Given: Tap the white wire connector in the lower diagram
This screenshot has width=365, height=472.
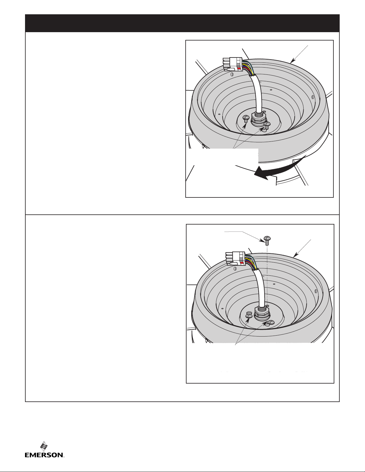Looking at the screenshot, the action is pos(236,259).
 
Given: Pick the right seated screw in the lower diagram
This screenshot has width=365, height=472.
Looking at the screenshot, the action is pos(271,323).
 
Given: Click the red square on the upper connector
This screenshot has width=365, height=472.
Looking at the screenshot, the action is pos(239,68).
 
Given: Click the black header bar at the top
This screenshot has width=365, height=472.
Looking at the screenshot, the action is pos(182,23).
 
